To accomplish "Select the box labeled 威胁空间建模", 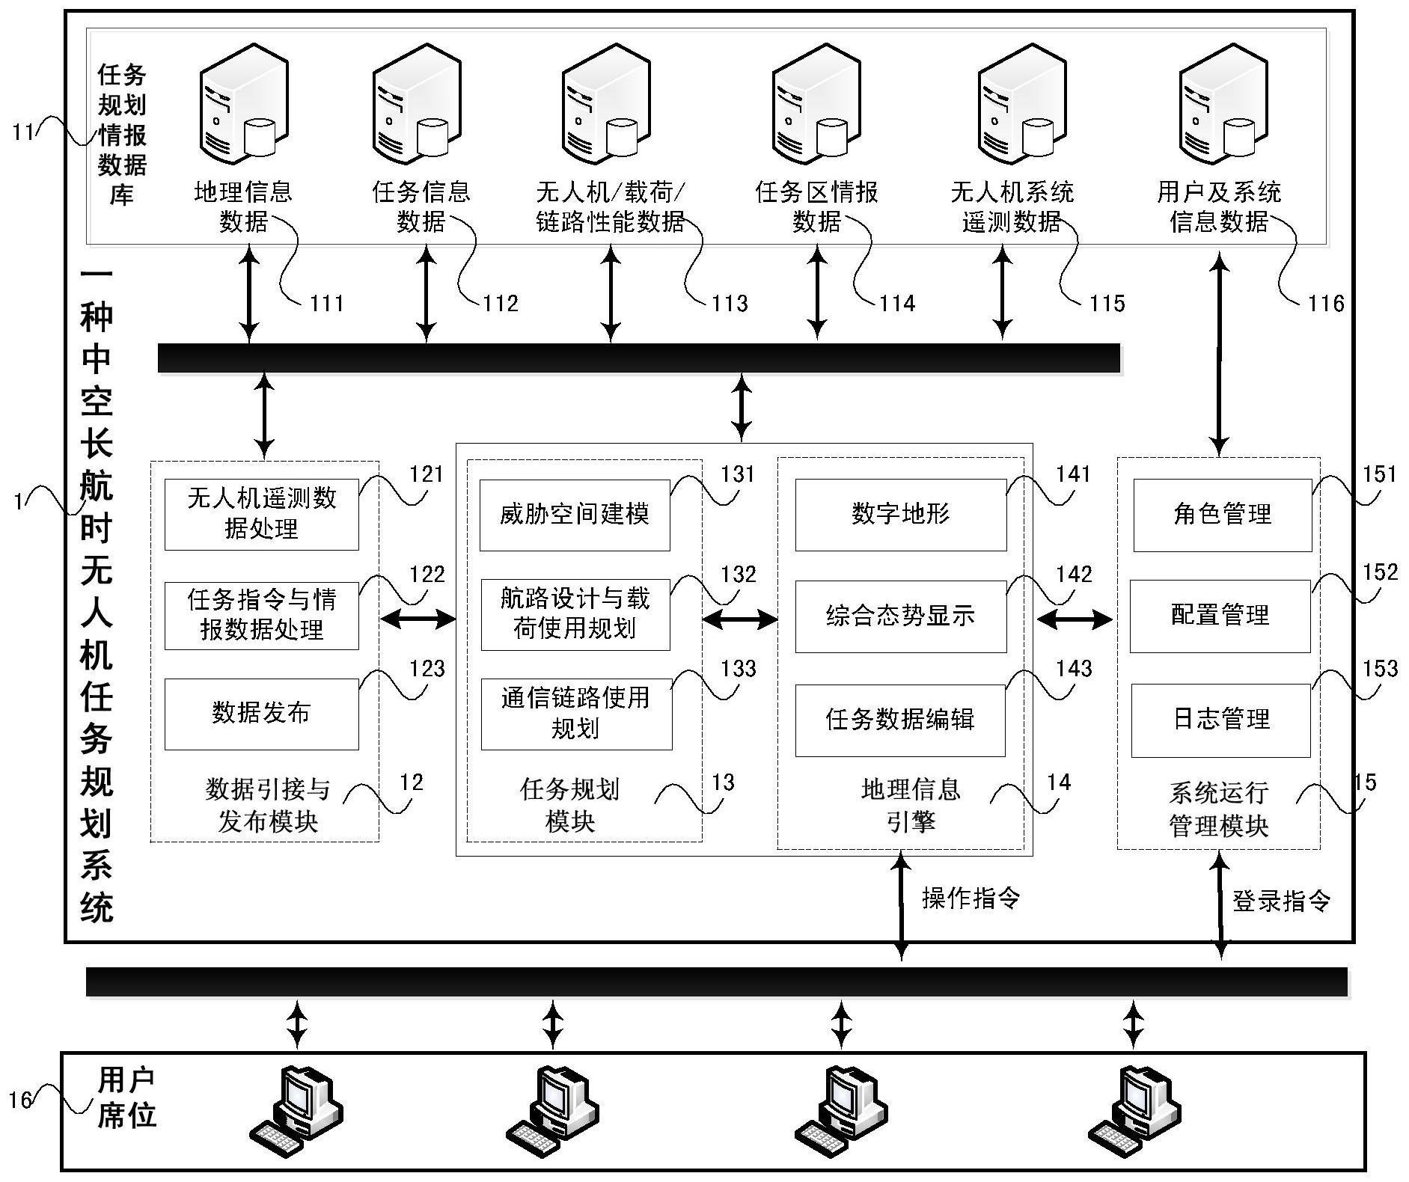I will pos(574,515).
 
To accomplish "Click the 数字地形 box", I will pos(900,515).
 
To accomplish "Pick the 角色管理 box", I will pos(1222,515).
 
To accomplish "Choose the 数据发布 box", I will pos(261,714).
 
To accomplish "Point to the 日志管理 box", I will pos(1220,720).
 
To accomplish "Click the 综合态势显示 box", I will pos(900,616).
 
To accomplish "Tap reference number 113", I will pos(729,304).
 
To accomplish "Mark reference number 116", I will pos(1325,304).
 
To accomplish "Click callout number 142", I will pos(1074,575).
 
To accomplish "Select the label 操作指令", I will pos(971,898).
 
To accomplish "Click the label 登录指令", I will pos(1280,901).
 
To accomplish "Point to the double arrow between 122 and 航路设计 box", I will pos(418,618).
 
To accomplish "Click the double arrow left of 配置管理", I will pos(1075,619).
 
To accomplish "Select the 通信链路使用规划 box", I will pos(575,714).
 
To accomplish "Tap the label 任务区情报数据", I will pos(816,207).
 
